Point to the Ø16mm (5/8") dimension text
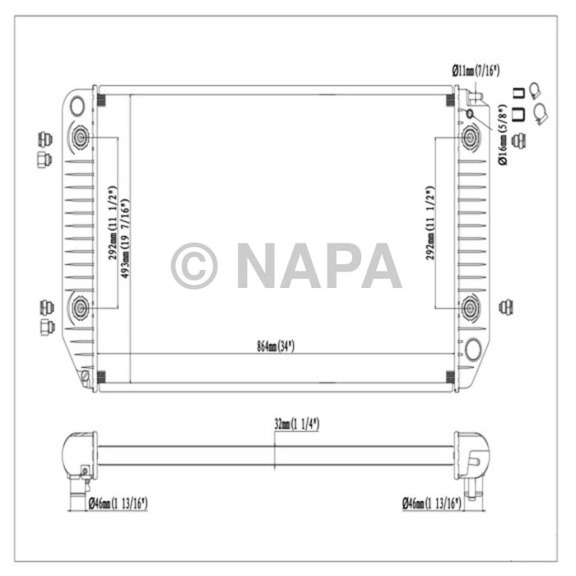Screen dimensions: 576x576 point(503,139)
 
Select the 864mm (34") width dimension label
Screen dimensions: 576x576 point(274,346)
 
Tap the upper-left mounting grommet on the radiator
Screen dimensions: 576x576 point(81,137)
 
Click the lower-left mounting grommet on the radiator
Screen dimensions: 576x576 point(81,308)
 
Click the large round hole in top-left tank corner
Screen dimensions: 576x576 point(77,105)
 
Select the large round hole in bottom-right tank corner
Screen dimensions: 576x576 point(473,349)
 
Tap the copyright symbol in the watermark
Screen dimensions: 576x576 point(194,265)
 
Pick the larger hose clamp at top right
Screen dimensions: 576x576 point(541,112)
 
